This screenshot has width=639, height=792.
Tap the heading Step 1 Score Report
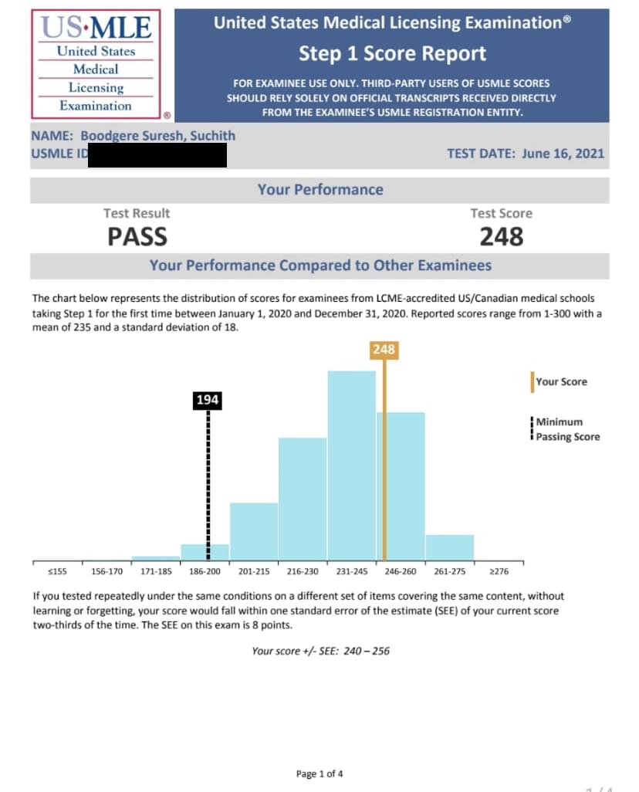[392, 54]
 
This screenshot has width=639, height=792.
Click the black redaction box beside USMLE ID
[157, 154]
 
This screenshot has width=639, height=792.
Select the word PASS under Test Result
[137, 236]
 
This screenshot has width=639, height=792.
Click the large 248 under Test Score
[501, 236]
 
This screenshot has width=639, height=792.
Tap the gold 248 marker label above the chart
[384, 350]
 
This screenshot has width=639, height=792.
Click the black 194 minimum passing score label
[208, 400]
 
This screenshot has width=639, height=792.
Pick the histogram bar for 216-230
[302, 499]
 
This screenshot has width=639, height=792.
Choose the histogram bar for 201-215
[253, 531]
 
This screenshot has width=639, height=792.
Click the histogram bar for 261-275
[449, 547]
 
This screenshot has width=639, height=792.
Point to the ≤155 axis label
[57, 571]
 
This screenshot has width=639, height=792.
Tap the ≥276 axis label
[499, 571]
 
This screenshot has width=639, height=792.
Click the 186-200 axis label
[205, 571]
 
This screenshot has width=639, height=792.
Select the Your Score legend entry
[560, 381]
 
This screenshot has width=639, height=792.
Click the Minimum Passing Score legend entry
[567, 429]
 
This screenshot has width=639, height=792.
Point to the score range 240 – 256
[365, 651]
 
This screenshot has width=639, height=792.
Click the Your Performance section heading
[319, 190]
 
